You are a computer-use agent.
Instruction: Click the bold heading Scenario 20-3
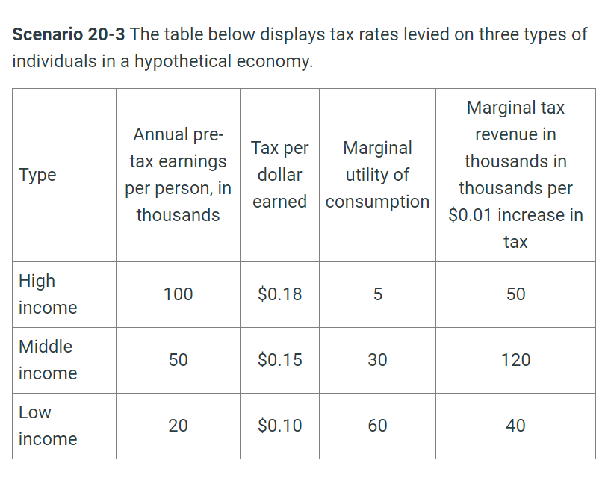(x=68, y=34)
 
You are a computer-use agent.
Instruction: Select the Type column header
(x=37, y=175)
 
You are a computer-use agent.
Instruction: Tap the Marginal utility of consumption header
(x=377, y=175)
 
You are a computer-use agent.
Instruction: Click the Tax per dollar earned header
(x=279, y=175)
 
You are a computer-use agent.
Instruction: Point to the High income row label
(x=47, y=294)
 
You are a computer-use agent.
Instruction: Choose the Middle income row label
(x=47, y=360)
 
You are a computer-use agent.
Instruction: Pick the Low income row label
(x=47, y=426)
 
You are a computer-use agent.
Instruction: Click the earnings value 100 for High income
(x=178, y=294)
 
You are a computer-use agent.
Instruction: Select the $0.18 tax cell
(x=279, y=294)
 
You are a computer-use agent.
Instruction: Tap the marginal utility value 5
(x=377, y=294)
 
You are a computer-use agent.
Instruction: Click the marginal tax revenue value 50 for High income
(x=515, y=294)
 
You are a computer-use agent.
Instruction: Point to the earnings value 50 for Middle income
(x=178, y=360)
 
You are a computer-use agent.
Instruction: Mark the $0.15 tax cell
(x=279, y=360)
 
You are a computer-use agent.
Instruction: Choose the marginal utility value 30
(x=377, y=360)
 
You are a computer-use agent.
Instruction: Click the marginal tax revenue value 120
(x=515, y=360)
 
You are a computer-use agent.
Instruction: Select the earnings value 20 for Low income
(x=178, y=426)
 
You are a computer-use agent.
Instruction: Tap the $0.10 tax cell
(x=279, y=426)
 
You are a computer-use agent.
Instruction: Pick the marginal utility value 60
(x=377, y=426)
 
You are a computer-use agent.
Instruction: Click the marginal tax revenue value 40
(x=515, y=426)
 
